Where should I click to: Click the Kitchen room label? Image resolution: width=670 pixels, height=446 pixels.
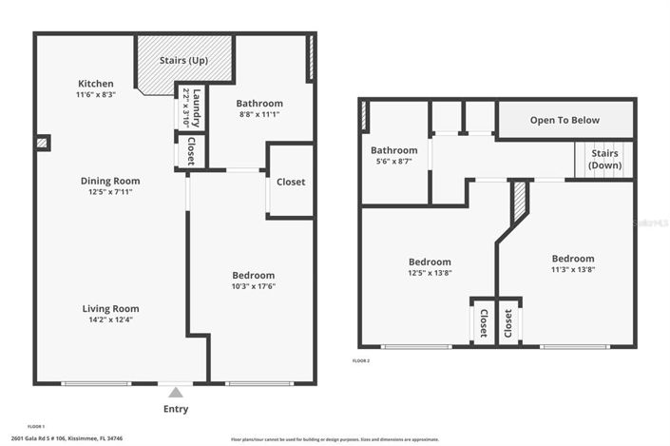coord(96,84)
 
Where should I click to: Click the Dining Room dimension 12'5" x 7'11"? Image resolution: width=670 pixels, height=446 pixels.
coord(110,192)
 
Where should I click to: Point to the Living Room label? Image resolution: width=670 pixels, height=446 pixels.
coord(110,308)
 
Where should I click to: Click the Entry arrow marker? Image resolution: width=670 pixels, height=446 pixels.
coord(174,390)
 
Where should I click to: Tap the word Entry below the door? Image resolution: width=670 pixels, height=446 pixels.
coord(175,409)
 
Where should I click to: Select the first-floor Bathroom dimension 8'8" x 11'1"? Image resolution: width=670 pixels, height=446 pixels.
coord(258,114)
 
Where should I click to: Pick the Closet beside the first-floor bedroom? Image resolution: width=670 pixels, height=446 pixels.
coord(290,182)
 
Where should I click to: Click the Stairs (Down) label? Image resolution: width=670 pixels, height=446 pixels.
coord(604,159)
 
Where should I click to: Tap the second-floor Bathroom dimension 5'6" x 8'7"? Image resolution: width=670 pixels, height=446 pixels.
coord(393,162)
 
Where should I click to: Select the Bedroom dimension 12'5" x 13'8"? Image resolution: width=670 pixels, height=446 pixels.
coord(430,273)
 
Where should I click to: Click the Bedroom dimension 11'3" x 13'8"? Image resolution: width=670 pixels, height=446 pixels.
coord(573,269)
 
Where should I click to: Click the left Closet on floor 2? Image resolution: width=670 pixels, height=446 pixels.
coord(483,322)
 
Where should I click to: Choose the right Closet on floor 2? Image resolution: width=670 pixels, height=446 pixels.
coord(508,322)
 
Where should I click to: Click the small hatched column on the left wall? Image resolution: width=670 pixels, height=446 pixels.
coord(42,144)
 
